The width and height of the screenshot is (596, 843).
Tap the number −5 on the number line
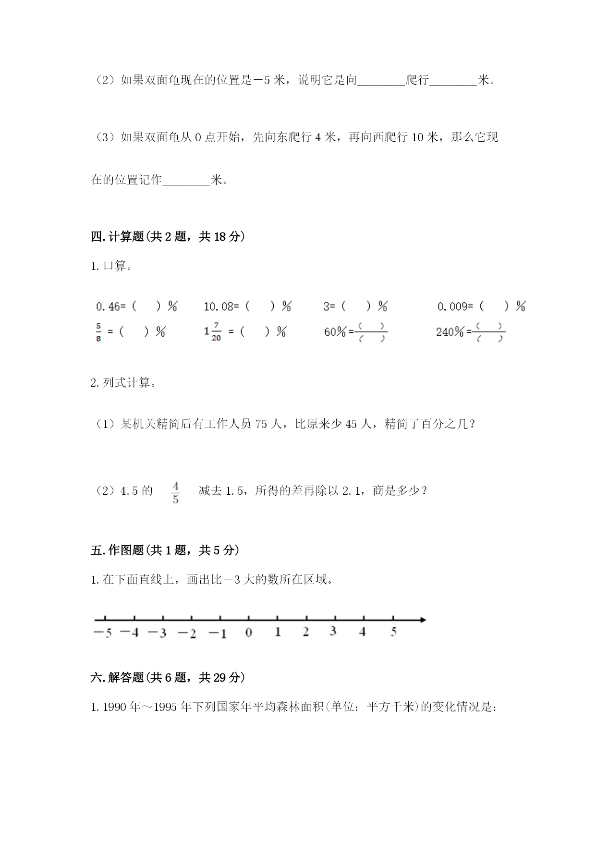pos(103,633)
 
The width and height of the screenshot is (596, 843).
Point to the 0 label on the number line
pos(248,633)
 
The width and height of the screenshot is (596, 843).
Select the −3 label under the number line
pos(157,633)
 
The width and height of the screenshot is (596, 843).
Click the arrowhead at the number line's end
pos(423,620)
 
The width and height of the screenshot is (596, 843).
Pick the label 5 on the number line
pos(393,632)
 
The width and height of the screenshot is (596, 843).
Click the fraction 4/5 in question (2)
pos(176,493)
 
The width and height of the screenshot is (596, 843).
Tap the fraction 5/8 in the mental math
pos(98,332)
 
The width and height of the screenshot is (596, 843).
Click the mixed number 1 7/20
pos(213,332)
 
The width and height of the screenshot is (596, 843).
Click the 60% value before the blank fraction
pos(335,332)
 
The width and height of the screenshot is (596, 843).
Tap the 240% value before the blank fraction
pos(450,332)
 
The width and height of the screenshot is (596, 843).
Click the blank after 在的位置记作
pos(186,181)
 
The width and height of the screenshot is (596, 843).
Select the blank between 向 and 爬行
pos(381,80)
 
